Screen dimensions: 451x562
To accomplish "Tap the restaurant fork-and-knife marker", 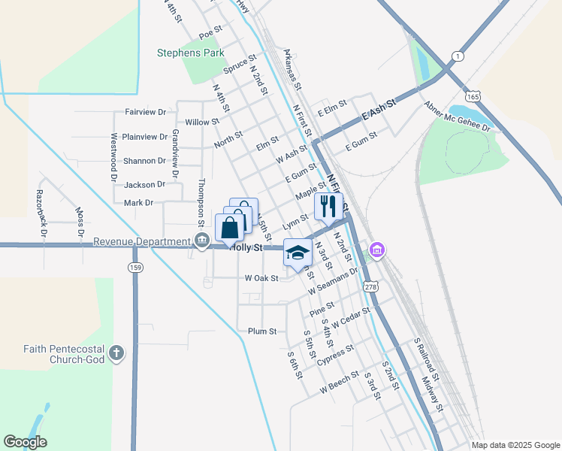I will pos(328,206).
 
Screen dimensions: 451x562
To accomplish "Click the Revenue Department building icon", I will pos(202,241).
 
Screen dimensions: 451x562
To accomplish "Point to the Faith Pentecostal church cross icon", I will pos(116,353).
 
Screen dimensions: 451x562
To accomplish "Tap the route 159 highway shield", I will pos(135,268).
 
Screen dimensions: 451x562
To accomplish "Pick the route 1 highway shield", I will pos(456,57).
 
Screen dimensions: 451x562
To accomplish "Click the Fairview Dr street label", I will pos(146,112).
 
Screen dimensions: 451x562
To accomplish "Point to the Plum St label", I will pos(262,331).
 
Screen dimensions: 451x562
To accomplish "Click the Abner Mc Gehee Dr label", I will pos(457,117).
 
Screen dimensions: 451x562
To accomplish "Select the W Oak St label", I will pos(261,278).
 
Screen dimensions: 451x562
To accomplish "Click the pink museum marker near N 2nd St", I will pos(377,250).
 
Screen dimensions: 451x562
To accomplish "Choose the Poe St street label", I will pos(211,32).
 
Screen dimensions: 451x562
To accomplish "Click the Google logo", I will pos(26,442).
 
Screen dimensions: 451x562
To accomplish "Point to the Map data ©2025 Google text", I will pos(515,445).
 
